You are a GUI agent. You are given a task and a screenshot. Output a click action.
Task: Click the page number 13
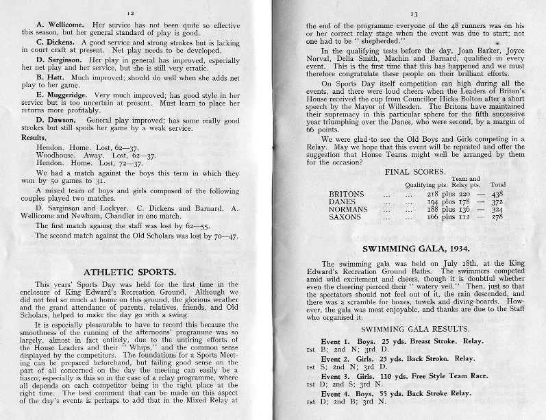413,12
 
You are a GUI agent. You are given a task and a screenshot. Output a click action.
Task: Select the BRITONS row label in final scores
347,194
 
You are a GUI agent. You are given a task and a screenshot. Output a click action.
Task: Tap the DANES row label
343,202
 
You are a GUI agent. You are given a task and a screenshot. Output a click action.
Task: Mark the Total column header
497,184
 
